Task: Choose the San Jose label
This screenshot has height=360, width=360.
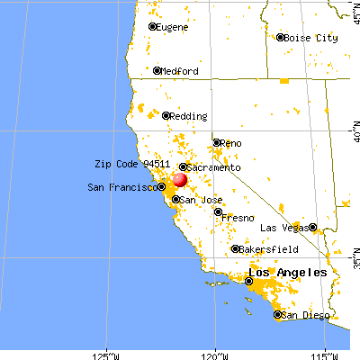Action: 199,199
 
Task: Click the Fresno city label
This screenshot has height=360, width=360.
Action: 238,218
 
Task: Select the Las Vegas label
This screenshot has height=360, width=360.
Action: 283,228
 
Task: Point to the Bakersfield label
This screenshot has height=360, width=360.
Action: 265,249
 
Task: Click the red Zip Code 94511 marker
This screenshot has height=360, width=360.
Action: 179,180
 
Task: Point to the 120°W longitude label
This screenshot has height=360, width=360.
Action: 215,352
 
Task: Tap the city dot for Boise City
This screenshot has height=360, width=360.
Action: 280,38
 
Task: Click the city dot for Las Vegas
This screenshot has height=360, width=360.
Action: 312,228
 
